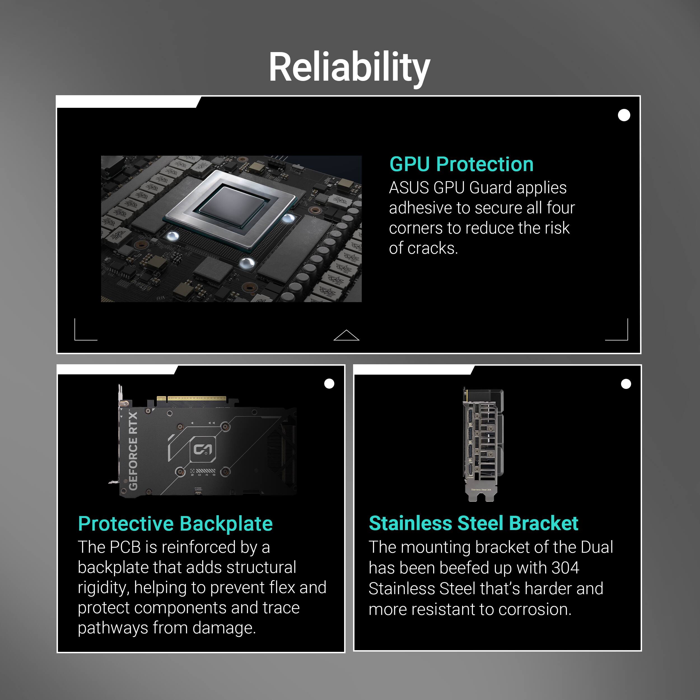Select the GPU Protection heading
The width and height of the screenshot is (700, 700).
tap(461, 164)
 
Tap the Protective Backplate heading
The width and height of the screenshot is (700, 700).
tap(175, 524)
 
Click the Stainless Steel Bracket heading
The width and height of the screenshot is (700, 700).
tap(473, 524)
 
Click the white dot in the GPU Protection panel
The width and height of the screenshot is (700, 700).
tap(624, 115)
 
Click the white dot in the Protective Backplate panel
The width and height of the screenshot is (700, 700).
tap(329, 384)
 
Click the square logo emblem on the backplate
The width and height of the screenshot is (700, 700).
tap(203, 450)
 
